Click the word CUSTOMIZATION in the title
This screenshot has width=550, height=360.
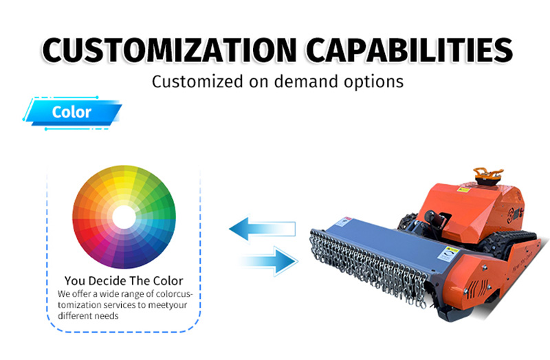click(169, 50)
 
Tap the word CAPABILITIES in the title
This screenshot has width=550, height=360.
click(409, 50)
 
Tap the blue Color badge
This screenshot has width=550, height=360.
click(72, 113)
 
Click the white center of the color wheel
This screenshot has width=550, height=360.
click(124, 217)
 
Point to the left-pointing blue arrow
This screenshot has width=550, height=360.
click(262, 229)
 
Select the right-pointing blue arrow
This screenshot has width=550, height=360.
click(269, 261)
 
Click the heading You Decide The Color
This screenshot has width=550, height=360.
click(124, 281)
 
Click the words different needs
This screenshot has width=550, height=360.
click(88, 316)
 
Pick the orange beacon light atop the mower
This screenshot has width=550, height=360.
click(488, 176)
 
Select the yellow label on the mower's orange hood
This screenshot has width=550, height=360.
click(463, 190)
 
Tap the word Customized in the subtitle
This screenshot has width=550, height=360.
click(197, 82)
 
